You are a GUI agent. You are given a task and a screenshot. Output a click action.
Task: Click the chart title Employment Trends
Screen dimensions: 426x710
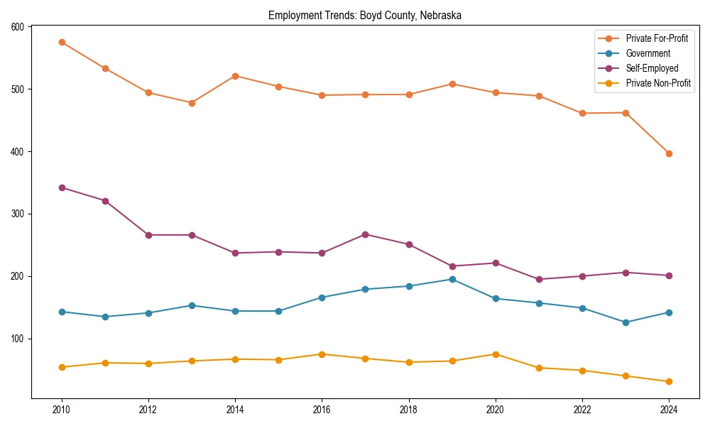(365, 16)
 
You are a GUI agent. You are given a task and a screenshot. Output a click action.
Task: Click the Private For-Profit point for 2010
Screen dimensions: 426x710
(62, 42)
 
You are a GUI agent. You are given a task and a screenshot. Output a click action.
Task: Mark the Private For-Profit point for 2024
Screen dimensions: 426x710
(669, 153)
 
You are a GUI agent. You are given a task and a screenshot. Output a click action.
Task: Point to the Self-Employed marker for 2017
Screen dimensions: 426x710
(366, 234)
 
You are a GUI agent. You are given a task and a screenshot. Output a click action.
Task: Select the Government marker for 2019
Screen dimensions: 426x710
(452, 279)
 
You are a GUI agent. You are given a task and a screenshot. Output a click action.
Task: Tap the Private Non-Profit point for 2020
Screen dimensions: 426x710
(496, 354)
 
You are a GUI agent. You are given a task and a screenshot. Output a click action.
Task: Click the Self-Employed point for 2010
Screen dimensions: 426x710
(62, 187)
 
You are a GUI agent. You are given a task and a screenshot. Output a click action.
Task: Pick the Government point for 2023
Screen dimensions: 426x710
(626, 322)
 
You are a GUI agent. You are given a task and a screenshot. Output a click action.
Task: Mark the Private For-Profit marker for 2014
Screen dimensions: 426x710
(235, 76)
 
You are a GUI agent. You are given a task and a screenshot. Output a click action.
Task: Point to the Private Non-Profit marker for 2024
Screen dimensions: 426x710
(669, 382)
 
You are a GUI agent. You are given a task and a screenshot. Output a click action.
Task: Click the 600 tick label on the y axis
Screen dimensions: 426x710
(17, 27)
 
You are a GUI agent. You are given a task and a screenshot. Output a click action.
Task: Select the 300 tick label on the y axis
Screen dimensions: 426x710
(17, 214)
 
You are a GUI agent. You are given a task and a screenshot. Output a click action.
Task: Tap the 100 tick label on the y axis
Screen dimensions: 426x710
(17, 339)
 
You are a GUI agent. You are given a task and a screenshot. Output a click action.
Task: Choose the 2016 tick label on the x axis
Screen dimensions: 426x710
(322, 409)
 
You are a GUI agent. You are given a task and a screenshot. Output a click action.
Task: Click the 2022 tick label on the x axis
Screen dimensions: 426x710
(582, 409)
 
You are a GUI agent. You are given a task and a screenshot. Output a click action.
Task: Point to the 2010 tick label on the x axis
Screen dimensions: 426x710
(62, 409)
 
